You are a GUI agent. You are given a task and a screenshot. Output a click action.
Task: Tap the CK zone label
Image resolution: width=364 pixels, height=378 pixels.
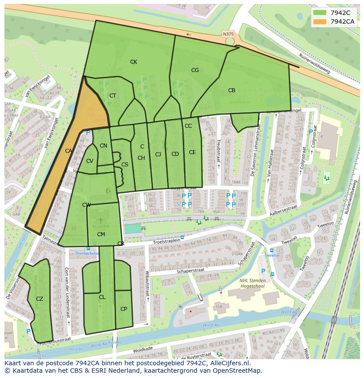coord(134,62)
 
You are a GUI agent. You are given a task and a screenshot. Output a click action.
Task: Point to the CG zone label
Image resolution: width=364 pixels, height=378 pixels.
coord(195,70)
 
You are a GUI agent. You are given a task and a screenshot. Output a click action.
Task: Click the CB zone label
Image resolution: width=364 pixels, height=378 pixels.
coord(232,90)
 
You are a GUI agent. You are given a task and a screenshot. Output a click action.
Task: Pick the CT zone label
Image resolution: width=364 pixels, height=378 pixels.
coord(113,96)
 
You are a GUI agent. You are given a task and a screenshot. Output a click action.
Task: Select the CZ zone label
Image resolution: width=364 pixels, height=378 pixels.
coord(40,299)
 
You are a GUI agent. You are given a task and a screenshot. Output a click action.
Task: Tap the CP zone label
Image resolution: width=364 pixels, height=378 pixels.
coord(124,309)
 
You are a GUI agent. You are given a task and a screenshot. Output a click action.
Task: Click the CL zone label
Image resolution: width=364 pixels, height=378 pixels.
coord(102,297)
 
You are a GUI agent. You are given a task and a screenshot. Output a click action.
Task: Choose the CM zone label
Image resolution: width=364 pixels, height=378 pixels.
coord(101,234)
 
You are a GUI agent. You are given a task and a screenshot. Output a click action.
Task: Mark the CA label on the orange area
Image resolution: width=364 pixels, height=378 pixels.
coord(69,151)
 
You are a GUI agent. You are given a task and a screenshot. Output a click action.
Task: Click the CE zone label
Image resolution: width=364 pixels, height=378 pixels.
coord(192,152)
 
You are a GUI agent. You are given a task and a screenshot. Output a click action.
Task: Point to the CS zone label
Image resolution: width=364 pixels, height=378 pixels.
coord(125,165)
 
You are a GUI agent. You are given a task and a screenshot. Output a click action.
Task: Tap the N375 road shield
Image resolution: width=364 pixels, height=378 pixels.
coord(228,34)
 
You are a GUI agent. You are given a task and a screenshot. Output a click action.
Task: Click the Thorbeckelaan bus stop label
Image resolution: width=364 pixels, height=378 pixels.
coord(87,253)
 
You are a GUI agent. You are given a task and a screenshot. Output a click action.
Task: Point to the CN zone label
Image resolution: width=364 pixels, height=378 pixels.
coord(103,146)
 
